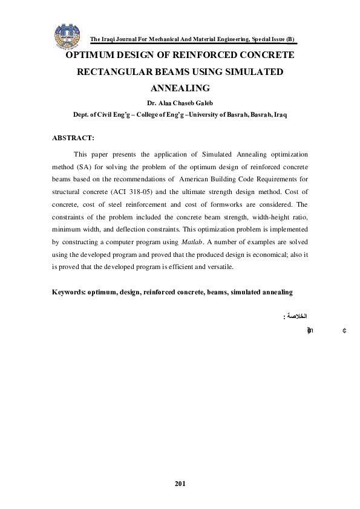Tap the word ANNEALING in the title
(179, 88)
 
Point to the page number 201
(180, 483)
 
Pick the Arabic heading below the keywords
(296, 316)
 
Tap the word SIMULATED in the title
(254, 71)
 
